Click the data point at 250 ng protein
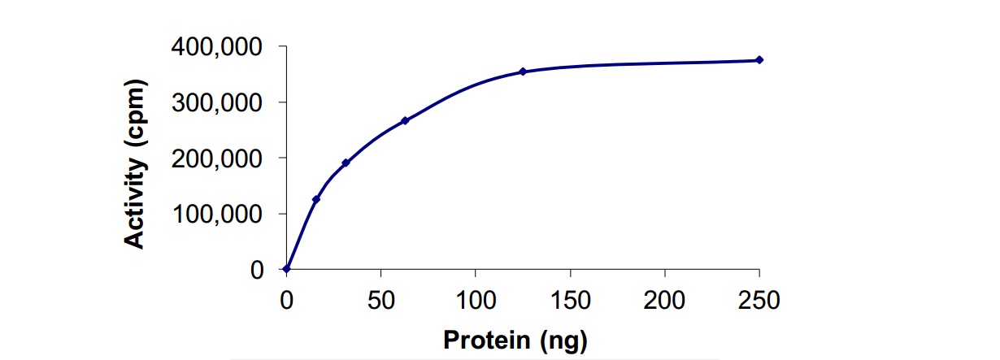pyautogui.click(x=759, y=60)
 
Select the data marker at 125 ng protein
pyautogui.click(x=523, y=72)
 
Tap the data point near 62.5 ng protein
pyautogui.click(x=405, y=121)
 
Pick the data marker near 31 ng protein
pyautogui.click(x=346, y=163)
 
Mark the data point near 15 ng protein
pyautogui.click(x=315, y=199)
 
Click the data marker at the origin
pyautogui.click(x=287, y=268)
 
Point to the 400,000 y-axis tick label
pyautogui.click(x=217, y=47)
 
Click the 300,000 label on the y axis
pyautogui.click(x=217, y=102)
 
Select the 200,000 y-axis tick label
pyautogui.click(x=217, y=158)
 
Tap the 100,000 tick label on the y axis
pyautogui.click(x=217, y=214)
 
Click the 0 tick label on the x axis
pyautogui.click(x=286, y=300)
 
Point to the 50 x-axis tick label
pyautogui.click(x=380, y=300)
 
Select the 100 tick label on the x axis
pyautogui.click(x=476, y=300)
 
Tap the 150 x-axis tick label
pyautogui.click(x=570, y=300)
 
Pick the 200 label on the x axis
pyautogui.click(x=664, y=300)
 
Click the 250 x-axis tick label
pyautogui.click(x=759, y=300)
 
